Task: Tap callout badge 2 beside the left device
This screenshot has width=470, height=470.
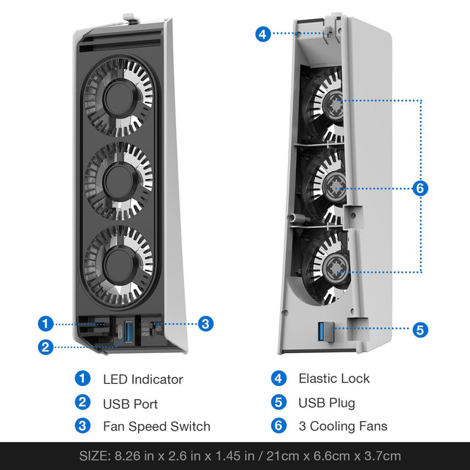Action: [46, 347]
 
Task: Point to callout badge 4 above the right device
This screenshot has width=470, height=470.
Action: [264, 34]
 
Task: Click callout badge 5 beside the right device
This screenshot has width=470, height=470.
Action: [420, 330]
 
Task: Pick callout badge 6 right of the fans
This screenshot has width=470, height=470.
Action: [420, 189]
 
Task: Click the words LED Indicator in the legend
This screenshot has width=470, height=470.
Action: [143, 379]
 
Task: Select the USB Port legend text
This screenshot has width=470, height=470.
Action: [130, 403]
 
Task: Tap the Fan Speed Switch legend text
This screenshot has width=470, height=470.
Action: [156, 427]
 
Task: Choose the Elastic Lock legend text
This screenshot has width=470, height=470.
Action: [334, 379]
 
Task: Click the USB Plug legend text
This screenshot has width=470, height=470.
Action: [326, 403]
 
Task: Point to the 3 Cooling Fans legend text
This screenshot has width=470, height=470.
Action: [343, 426]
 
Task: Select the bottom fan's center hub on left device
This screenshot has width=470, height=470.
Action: [118, 261]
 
